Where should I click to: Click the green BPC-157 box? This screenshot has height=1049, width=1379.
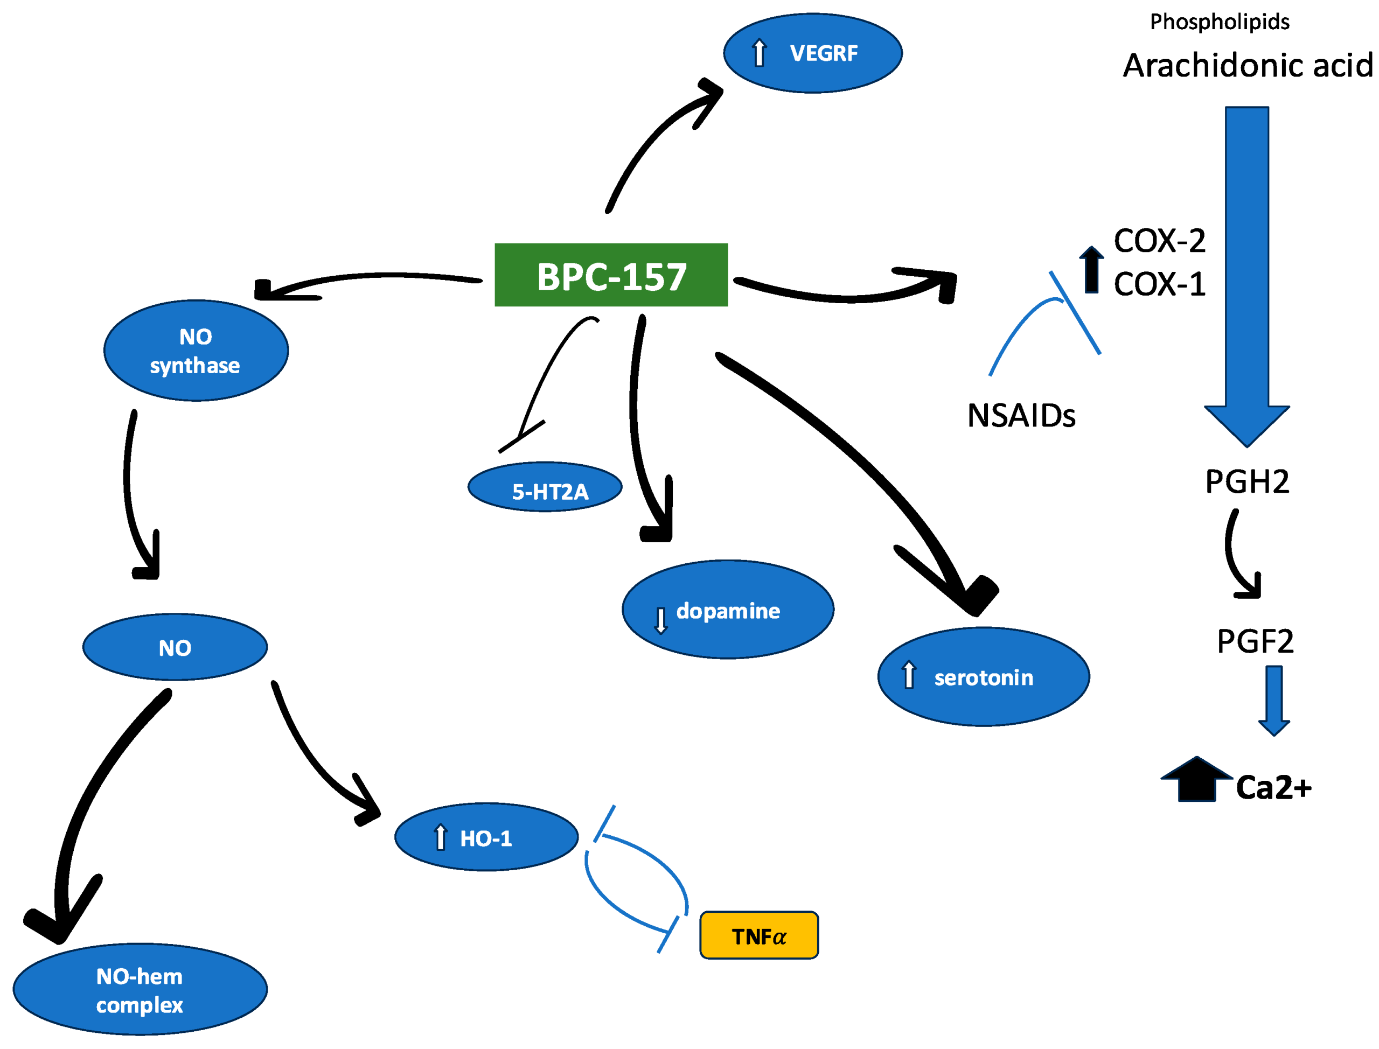pos(610,275)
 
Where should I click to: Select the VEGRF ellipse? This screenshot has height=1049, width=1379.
pos(812,53)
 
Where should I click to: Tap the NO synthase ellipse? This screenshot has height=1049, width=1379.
pos(196,350)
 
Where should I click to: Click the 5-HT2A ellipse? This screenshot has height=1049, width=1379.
pos(545,487)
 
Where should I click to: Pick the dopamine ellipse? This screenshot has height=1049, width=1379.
pos(727,609)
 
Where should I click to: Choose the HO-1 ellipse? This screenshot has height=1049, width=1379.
pos(486,837)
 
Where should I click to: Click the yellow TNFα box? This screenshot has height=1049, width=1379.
pos(758,935)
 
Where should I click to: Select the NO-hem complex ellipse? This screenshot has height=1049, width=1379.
pos(140,989)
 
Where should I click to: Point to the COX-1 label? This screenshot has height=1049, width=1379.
pos(1159,284)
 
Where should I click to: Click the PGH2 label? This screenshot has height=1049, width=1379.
pos(1246,481)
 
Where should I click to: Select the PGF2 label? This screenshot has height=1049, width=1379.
pos(1254,641)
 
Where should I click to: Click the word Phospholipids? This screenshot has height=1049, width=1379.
pos(1218,22)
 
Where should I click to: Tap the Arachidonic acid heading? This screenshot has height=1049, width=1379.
pos(1246,65)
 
